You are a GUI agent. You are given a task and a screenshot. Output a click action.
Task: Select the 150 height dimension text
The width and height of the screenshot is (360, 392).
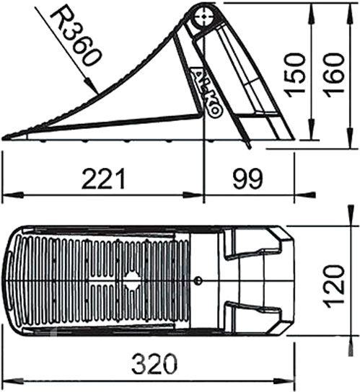(296, 75)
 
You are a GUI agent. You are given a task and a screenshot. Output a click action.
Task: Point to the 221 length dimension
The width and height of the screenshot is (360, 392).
(103, 179)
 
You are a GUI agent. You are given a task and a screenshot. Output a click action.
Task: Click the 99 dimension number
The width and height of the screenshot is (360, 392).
(248, 179)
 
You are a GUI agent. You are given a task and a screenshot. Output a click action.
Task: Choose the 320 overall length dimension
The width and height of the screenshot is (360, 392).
(154, 363)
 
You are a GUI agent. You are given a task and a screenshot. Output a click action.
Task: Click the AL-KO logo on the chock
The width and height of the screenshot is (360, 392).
(206, 92)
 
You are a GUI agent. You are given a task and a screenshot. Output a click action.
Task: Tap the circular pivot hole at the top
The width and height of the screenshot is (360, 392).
(205, 17)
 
